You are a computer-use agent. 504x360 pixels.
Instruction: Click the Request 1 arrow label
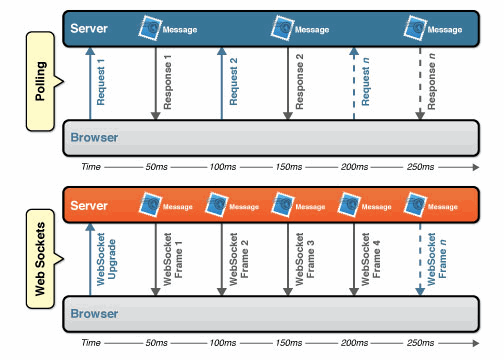pos(100,85)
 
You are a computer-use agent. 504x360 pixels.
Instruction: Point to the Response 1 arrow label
pos(167,85)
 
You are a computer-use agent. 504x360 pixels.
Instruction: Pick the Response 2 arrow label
pos(298,85)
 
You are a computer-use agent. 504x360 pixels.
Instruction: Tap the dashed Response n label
pos(431,85)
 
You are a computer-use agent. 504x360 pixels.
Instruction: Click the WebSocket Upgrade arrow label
pos(107,258)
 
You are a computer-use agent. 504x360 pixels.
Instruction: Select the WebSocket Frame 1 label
pos(172,258)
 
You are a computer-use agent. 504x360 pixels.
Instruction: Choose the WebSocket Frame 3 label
pos(304,258)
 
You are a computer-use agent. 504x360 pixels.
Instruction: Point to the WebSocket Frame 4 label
pos(370,258)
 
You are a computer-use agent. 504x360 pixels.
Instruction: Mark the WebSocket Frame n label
pos(437,258)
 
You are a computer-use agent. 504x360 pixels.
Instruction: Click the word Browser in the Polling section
pos(96,137)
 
